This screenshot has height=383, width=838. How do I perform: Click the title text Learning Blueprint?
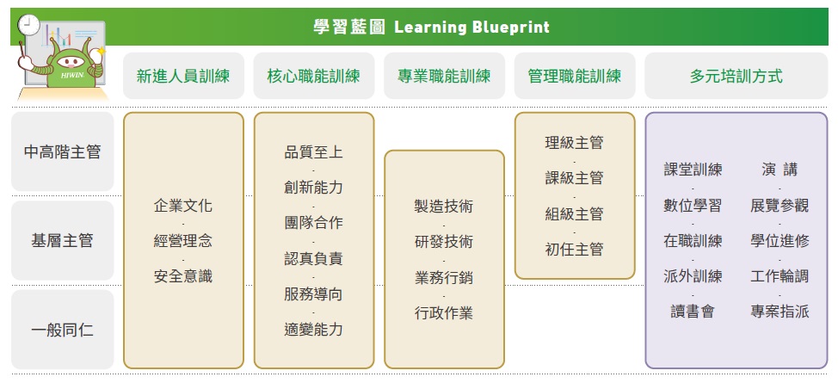[471, 27]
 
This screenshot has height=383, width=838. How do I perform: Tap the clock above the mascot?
[28, 25]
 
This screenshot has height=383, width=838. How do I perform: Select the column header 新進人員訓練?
[183, 76]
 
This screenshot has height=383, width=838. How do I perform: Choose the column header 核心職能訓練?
[314, 76]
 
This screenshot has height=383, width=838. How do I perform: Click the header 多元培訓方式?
[736, 76]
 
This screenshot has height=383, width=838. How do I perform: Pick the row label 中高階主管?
[63, 152]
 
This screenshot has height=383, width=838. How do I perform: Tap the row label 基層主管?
[63, 241]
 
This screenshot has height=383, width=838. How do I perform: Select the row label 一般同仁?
[63, 330]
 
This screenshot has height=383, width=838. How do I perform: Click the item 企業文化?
[183, 206]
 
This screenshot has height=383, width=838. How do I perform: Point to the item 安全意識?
[183, 276]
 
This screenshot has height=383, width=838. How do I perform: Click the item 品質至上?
[314, 152]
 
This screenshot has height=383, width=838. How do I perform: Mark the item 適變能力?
[314, 329]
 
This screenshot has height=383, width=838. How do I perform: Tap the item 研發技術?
[444, 241]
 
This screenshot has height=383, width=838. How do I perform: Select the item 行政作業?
[444, 312]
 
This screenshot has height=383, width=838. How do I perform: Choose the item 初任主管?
[575, 250]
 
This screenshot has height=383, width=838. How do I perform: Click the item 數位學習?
[693, 206]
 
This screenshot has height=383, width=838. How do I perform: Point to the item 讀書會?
[693, 312]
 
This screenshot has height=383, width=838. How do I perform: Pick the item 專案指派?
[779, 312]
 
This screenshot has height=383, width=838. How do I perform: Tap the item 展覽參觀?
[779, 206]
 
